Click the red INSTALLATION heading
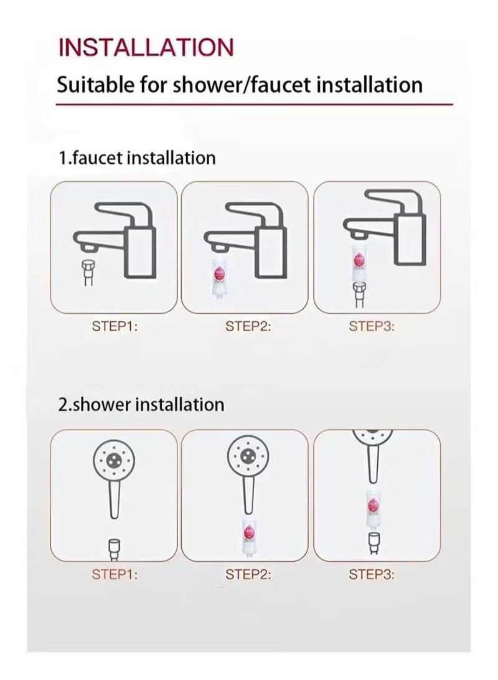click(146, 47)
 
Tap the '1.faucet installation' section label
click(137, 158)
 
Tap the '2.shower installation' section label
click(141, 404)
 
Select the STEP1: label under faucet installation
click(115, 326)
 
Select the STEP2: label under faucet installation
click(248, 326)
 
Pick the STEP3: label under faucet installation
click(372, 326)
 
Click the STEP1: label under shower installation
click(115, 574)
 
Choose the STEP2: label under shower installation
click(248, 574)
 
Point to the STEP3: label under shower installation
click(372, 574)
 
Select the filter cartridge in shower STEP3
click(375, 505)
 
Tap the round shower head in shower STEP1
click(113, 460)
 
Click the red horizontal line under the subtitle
click(254, 105)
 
